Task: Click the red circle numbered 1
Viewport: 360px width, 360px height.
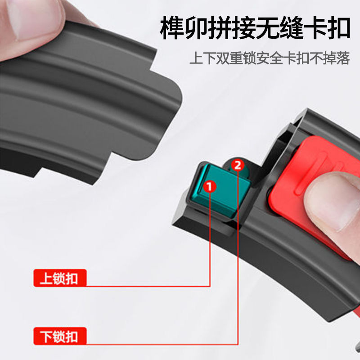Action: pyautogui.click(x=210, y=187)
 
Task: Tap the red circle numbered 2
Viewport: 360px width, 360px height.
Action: pyautogui.click(x=238, y=165)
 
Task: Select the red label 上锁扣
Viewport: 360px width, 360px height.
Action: pyautogui.click(x=60, y=278)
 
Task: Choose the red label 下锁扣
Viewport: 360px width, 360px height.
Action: pyautogui.click(x=60, y=336)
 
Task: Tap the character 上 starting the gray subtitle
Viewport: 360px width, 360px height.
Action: pyautogui.click(x=196, y=58)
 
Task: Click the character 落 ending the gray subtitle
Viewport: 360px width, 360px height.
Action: pyautogui.click(x=343, y=58)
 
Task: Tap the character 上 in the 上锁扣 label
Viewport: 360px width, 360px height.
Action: pyautogui.click(x=45, y=278)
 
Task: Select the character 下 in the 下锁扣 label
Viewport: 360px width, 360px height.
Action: pyautogui.click(x=45, y=336)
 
